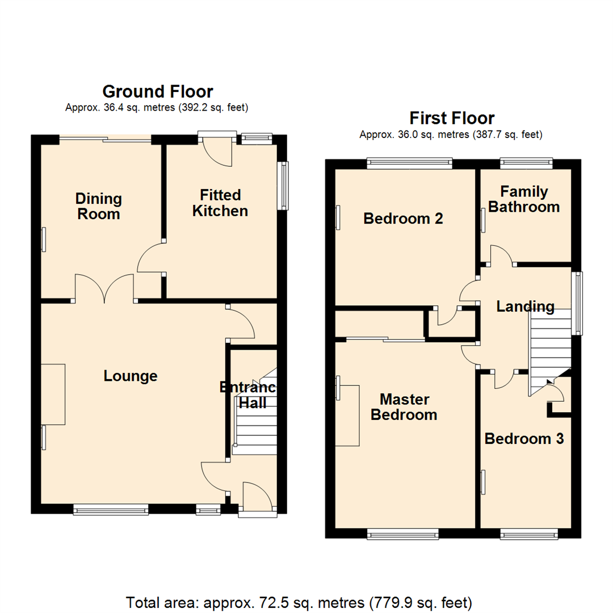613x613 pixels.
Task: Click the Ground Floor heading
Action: [157, 91]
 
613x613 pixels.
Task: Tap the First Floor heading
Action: [452, 118]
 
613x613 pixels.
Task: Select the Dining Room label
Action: [99, 207]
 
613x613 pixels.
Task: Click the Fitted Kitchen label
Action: [220, 203]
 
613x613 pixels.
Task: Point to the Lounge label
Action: [131, 376]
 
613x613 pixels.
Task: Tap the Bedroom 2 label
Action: [402, 218]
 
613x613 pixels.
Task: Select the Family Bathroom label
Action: [524, 199]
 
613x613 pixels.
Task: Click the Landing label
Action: [525, 307]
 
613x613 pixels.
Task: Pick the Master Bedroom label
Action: [404, 406]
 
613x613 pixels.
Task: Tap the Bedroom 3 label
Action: [524, 439]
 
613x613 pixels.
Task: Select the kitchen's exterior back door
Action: [218, 150]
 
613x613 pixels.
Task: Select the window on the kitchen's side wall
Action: [283, 186]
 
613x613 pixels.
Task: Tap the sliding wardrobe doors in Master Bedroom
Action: [385, 340]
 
